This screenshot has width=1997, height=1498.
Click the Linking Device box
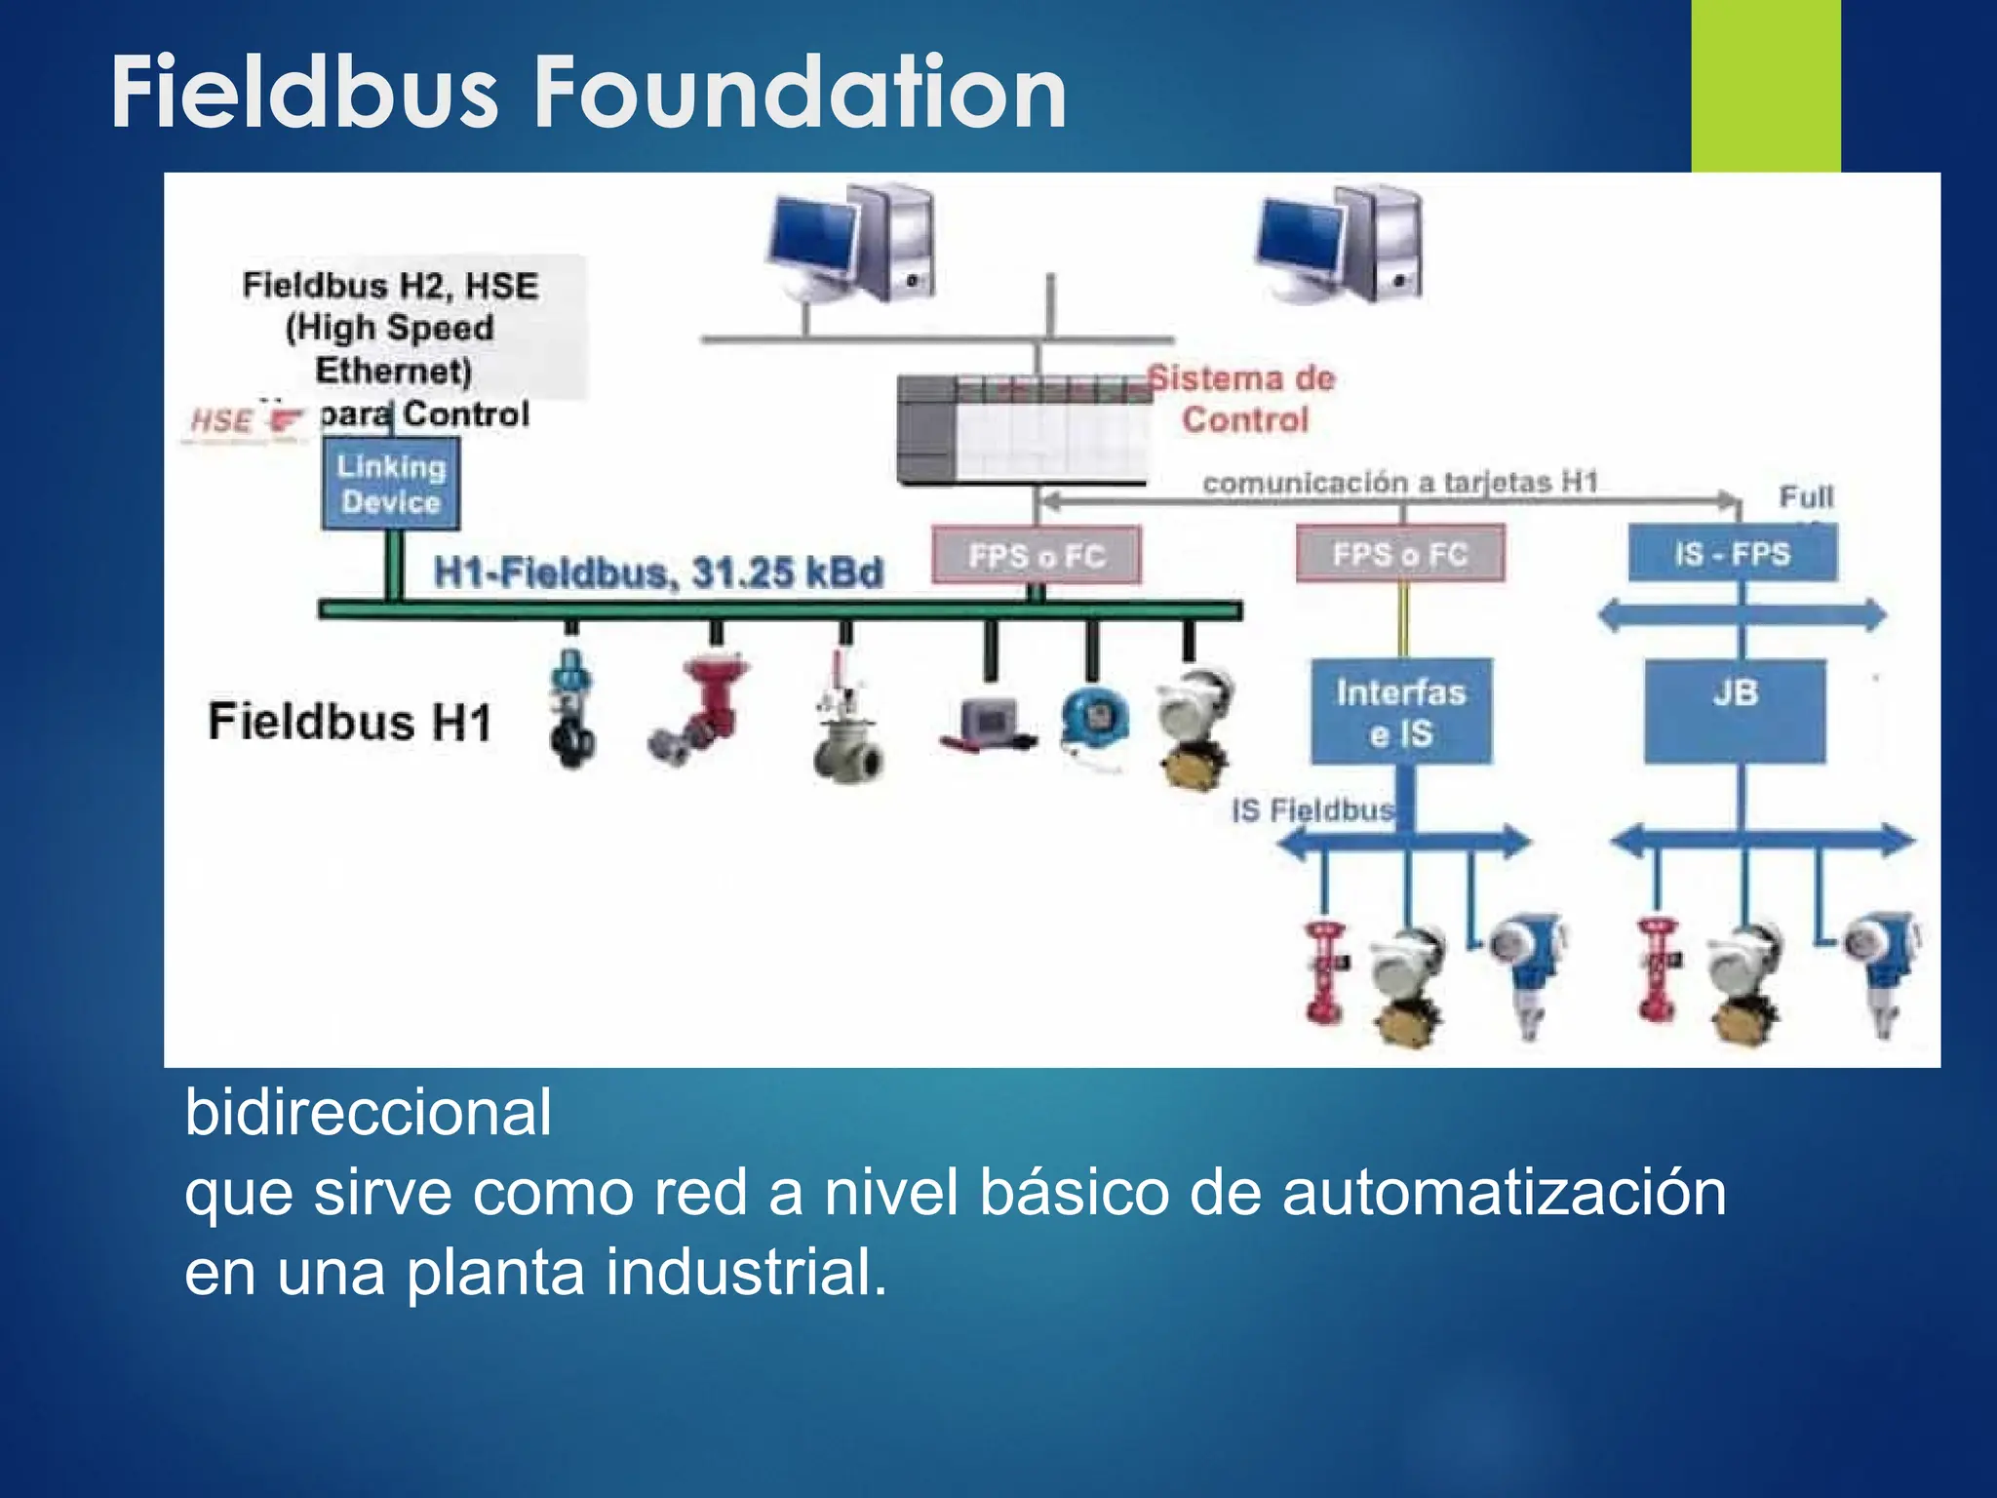(390, 484)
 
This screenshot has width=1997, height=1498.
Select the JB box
(1735, 711)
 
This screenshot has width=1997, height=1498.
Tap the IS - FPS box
(1733, 554)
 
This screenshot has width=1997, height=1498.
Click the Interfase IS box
(1401, 711)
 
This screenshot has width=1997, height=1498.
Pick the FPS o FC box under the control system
(1037, 556)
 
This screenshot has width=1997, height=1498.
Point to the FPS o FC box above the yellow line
(1400, 554)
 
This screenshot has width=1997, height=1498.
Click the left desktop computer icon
(850, 244)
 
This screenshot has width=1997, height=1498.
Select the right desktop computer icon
(1339, 244)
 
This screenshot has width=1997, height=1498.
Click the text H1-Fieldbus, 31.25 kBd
(658, 572)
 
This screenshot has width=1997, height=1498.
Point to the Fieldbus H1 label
(349, 723)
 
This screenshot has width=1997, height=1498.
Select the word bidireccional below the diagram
(368, 1112)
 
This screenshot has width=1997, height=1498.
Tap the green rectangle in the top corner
(1765, 86)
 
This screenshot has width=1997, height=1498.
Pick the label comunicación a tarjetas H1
(1400, 483)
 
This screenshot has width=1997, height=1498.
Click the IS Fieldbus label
(1312, 810)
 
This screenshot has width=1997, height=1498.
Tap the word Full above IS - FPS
(1806, 497)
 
